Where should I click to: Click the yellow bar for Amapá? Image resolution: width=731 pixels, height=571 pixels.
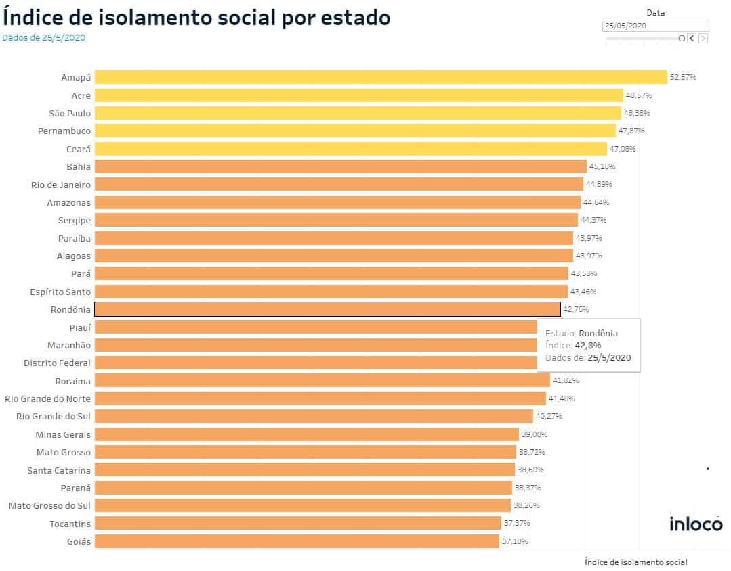click(x=381, y=77)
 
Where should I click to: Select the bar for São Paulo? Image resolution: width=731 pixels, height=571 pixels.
click(x=358, y=113)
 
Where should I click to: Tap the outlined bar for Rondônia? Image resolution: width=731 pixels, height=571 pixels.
click(x=327, y=309)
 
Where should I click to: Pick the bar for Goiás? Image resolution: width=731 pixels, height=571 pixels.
click(x=297, y=541)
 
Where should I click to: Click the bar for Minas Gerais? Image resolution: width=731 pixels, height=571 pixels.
click(x=306, y=434)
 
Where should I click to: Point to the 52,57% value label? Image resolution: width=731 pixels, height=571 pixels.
click(x=683, y=77)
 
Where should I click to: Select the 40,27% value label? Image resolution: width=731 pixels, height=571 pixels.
click(x=549, y=416)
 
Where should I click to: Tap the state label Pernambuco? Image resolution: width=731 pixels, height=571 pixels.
click(x=64, y=131)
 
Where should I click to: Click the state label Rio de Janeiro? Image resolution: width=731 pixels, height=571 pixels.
click(x=61, y=184)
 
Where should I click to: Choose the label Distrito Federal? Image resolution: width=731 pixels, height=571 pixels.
click(x=57, y=363)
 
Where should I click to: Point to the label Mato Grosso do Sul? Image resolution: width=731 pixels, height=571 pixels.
click(x=49, y=505)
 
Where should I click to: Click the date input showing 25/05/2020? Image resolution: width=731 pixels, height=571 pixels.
click(x=654, y=26)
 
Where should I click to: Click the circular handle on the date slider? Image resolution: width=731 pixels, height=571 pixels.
click(x=682, y=39)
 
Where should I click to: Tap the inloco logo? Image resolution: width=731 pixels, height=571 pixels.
click(x=696, y=524)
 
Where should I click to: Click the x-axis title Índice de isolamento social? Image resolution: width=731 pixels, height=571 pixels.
click(x=635, y=562)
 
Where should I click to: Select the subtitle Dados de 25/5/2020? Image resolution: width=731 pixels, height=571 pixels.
click(x=44, y=38)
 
